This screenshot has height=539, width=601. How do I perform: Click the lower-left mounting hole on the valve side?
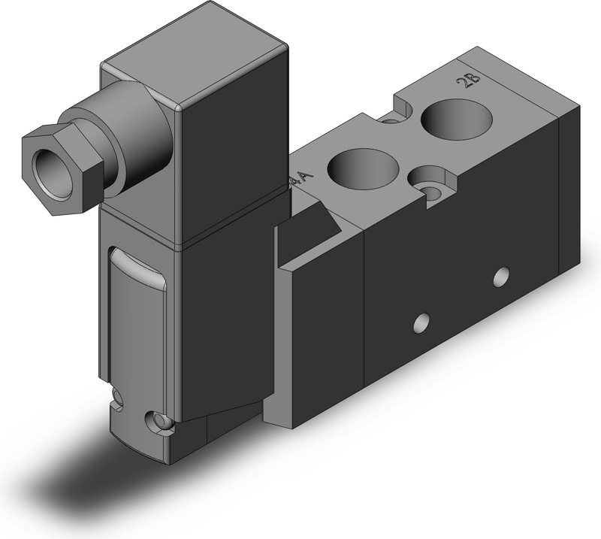pyautogui.click(x=421, y=325)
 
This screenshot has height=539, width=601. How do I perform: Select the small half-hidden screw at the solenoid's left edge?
pyautogui.click(x=116, y=396)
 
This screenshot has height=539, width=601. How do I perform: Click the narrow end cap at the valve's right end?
pyautogui.click(x=570, y=195)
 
